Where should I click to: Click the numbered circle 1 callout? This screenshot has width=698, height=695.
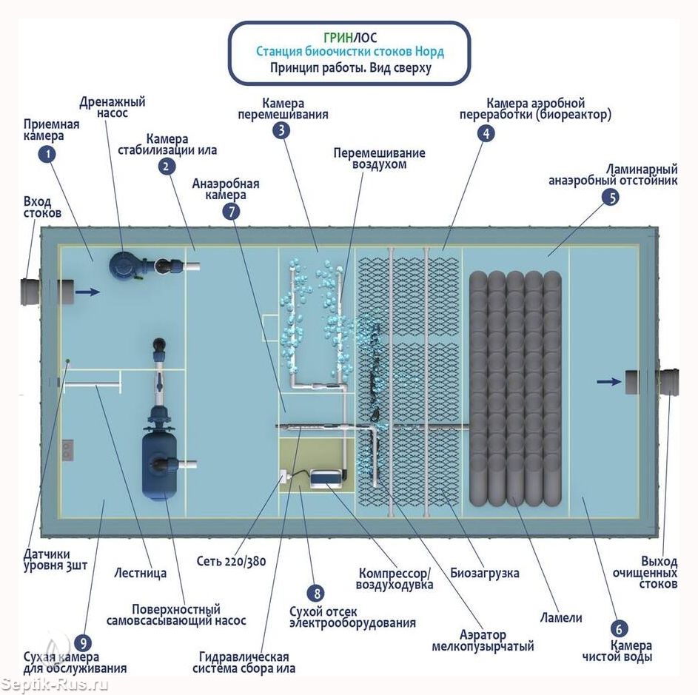point(47,154)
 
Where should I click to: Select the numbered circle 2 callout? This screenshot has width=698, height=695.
point(167,167)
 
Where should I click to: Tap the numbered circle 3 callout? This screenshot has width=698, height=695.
point(281,131)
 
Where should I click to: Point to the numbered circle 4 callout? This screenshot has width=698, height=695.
point(486,133)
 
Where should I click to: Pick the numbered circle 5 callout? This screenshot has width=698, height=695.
point(611,197)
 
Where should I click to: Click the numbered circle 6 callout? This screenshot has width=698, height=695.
point(620,630)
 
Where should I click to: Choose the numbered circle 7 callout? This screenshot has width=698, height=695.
point(232,212)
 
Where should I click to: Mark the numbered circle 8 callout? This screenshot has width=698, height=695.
point(317,593)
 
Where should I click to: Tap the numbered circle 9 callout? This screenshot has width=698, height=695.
point(83,642)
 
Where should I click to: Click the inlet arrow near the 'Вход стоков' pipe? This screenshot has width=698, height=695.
point(87,292)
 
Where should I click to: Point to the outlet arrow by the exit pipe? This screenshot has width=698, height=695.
point(609,382)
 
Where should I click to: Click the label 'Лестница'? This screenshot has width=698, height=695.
point(141,572)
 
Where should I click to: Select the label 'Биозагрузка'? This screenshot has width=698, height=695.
point(484,573)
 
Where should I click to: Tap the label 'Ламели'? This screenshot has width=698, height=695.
point(561,617)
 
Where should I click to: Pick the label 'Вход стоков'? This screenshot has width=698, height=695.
point(42,207)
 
